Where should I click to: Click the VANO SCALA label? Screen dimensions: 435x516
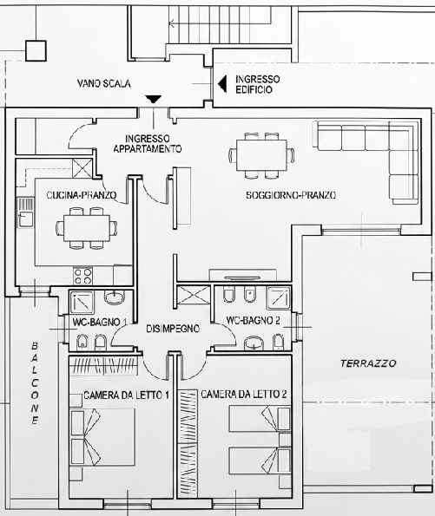104,83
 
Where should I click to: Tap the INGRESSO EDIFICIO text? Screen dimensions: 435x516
257,84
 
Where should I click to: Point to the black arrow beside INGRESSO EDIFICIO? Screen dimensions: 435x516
222,83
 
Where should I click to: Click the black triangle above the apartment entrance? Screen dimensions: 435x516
154,99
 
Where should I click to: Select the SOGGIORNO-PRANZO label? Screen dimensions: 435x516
291,195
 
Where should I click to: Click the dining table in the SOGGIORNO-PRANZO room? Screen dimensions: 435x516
262,155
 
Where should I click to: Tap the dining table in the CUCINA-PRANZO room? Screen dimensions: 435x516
87,228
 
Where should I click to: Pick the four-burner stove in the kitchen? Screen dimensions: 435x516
82,276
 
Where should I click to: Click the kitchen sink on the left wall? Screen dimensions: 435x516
25,212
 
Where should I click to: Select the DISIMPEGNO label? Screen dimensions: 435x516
173,329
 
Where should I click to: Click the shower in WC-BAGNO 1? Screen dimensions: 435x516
82,302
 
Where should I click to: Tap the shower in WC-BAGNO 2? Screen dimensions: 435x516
279,297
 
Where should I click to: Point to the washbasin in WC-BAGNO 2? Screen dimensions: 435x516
254,343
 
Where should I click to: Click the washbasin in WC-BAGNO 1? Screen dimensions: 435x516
115,297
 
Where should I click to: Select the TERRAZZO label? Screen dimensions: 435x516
368,363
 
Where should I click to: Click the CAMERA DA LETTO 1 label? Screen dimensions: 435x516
127,395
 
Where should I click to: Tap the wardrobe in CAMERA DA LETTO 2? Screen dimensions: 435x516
188,444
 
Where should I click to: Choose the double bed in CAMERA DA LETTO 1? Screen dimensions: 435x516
102,437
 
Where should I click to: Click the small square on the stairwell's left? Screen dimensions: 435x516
36,50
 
